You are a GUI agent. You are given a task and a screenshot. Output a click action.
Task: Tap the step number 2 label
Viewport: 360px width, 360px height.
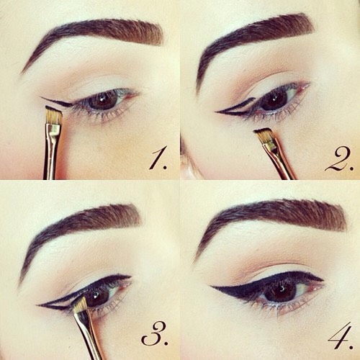pos(338,158)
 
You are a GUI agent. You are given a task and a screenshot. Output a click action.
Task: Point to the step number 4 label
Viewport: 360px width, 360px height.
pos(338,334)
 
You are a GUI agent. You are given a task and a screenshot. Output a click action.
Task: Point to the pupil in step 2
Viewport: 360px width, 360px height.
pos(275,101)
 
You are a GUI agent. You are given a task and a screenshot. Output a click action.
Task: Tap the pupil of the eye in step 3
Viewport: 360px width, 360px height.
pos(100,294)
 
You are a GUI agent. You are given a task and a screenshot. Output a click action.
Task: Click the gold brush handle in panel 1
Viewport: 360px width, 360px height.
pos(51,155)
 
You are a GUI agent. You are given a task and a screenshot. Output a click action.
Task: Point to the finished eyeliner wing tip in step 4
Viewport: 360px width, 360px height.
pos(214,288)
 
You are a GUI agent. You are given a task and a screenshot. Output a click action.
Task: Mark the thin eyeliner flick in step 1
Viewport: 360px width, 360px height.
pos(54,101)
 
